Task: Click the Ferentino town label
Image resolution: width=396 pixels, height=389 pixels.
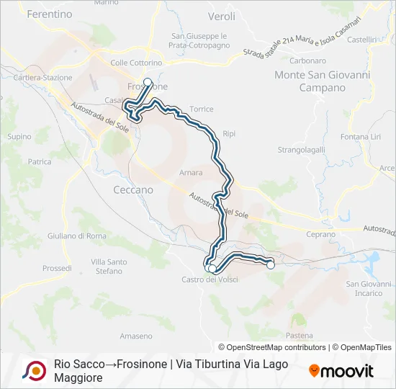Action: click(x=49, y=14)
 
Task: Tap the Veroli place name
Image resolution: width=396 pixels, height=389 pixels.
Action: click(x=221, y=15)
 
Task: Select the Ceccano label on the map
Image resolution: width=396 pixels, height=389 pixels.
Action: click(x=133, y=189)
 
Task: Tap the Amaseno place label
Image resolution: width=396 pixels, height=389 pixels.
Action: click(x=135, y=336)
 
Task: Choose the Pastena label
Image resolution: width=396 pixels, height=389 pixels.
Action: click(x=299, y=336)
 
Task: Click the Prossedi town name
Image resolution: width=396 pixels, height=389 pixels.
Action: click(x=57, y=268)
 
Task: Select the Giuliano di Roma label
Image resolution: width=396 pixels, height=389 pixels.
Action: click(x=76, y=236)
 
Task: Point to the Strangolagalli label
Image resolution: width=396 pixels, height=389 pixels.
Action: click(x=302, y=150)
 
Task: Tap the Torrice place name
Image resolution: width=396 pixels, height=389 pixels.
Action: click(x=202, y=109)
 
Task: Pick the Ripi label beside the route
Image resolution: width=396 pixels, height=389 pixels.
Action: click(x=229, y=134)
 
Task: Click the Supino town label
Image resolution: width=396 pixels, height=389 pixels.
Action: click(x=19, y=136)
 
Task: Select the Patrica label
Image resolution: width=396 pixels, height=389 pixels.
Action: click(x=39, y=162)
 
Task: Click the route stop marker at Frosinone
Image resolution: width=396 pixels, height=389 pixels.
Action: click(x=148, y=82)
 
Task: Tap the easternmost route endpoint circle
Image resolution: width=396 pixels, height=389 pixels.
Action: click(x=271, y=265)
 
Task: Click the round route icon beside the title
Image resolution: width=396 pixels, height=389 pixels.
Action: click(x=33, y=370)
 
